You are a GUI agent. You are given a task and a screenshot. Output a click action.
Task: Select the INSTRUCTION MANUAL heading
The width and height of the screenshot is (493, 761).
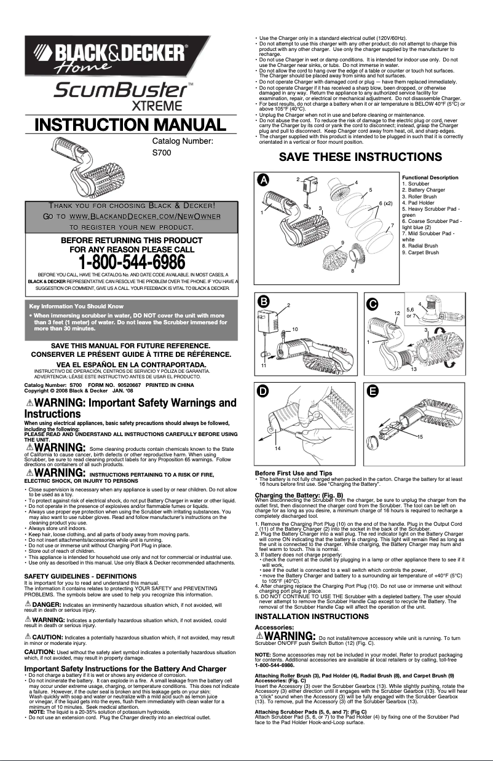point(130,126)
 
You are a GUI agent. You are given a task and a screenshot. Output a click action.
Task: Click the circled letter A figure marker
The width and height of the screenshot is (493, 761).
point(264,181)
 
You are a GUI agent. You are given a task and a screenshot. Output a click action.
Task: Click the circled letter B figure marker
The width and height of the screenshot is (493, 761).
point(264,302)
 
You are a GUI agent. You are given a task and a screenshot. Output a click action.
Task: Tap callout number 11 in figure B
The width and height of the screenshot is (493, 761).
point(263,365)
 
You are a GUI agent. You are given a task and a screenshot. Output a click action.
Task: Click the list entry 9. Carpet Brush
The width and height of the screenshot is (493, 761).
point(420,252)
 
